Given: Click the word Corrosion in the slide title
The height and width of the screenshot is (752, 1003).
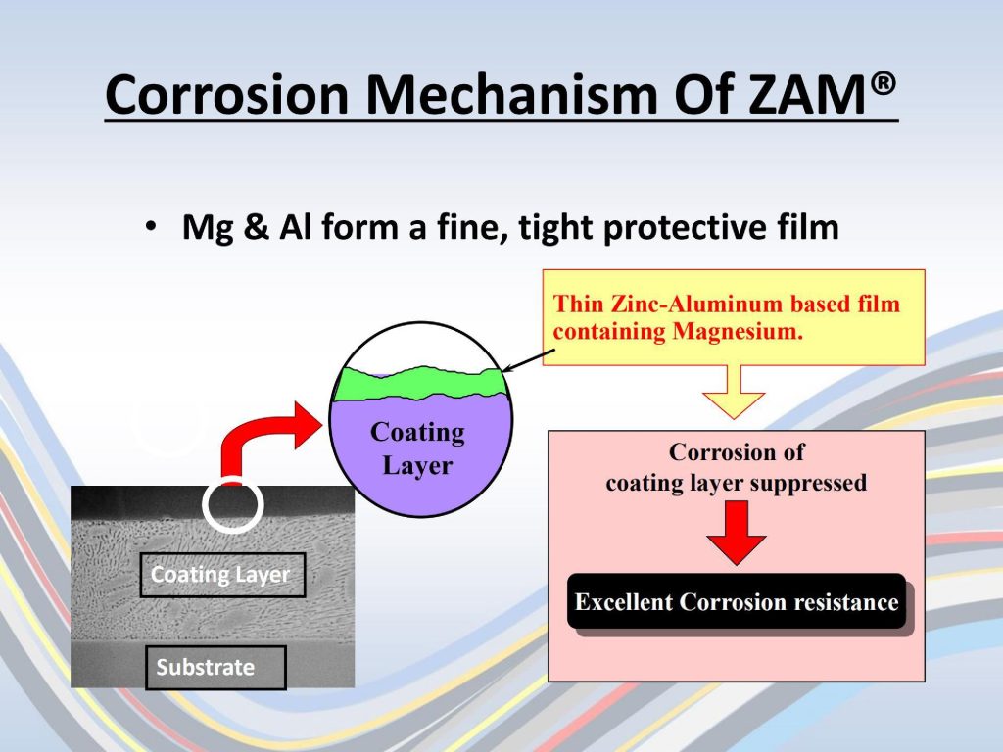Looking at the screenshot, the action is coord(227,94).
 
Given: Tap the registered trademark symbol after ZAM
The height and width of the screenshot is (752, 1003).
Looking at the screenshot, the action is coord(884,84).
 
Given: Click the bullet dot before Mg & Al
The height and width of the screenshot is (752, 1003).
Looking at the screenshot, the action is coord(150,227).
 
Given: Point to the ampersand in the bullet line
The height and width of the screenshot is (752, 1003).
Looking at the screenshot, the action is coord(256,227).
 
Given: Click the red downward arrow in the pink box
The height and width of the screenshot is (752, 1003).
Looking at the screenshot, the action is coord(737,532).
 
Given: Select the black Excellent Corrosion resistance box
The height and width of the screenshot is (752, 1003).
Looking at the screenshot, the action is coord(737,601).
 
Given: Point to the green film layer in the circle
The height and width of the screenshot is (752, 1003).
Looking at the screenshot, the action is coord(420,383).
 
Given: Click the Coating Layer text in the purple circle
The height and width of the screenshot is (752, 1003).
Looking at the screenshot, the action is coord(417,448).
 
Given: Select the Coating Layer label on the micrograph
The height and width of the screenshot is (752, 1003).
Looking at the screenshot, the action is coord(222,575).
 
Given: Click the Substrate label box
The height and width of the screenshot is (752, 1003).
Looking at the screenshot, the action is coord(215,668).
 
